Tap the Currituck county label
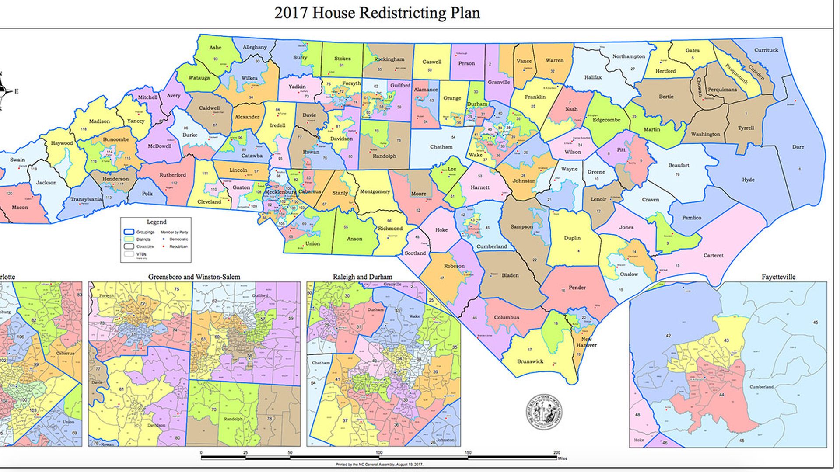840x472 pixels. coord(766,50)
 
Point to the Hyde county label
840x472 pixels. coord(748,180)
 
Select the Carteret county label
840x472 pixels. coord(713,255)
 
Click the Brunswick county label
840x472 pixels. coord(530,361)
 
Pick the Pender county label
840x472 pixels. coord(577,288)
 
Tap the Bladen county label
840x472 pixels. coord(510,275)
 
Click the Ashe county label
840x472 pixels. coord(215,48)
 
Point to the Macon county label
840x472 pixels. coord(20,207)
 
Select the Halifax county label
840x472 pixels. coord(593,77)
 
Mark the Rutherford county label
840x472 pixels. coord(172,175)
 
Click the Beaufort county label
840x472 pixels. coord(679,165)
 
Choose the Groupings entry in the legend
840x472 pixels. coord(145,232)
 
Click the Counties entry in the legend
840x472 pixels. coord(144,246)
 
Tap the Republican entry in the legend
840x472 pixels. coord(178,246)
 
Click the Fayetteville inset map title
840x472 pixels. coord(778,277)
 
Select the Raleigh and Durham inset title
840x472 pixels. coord(362,277)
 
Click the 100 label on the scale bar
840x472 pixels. coord(379,453)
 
